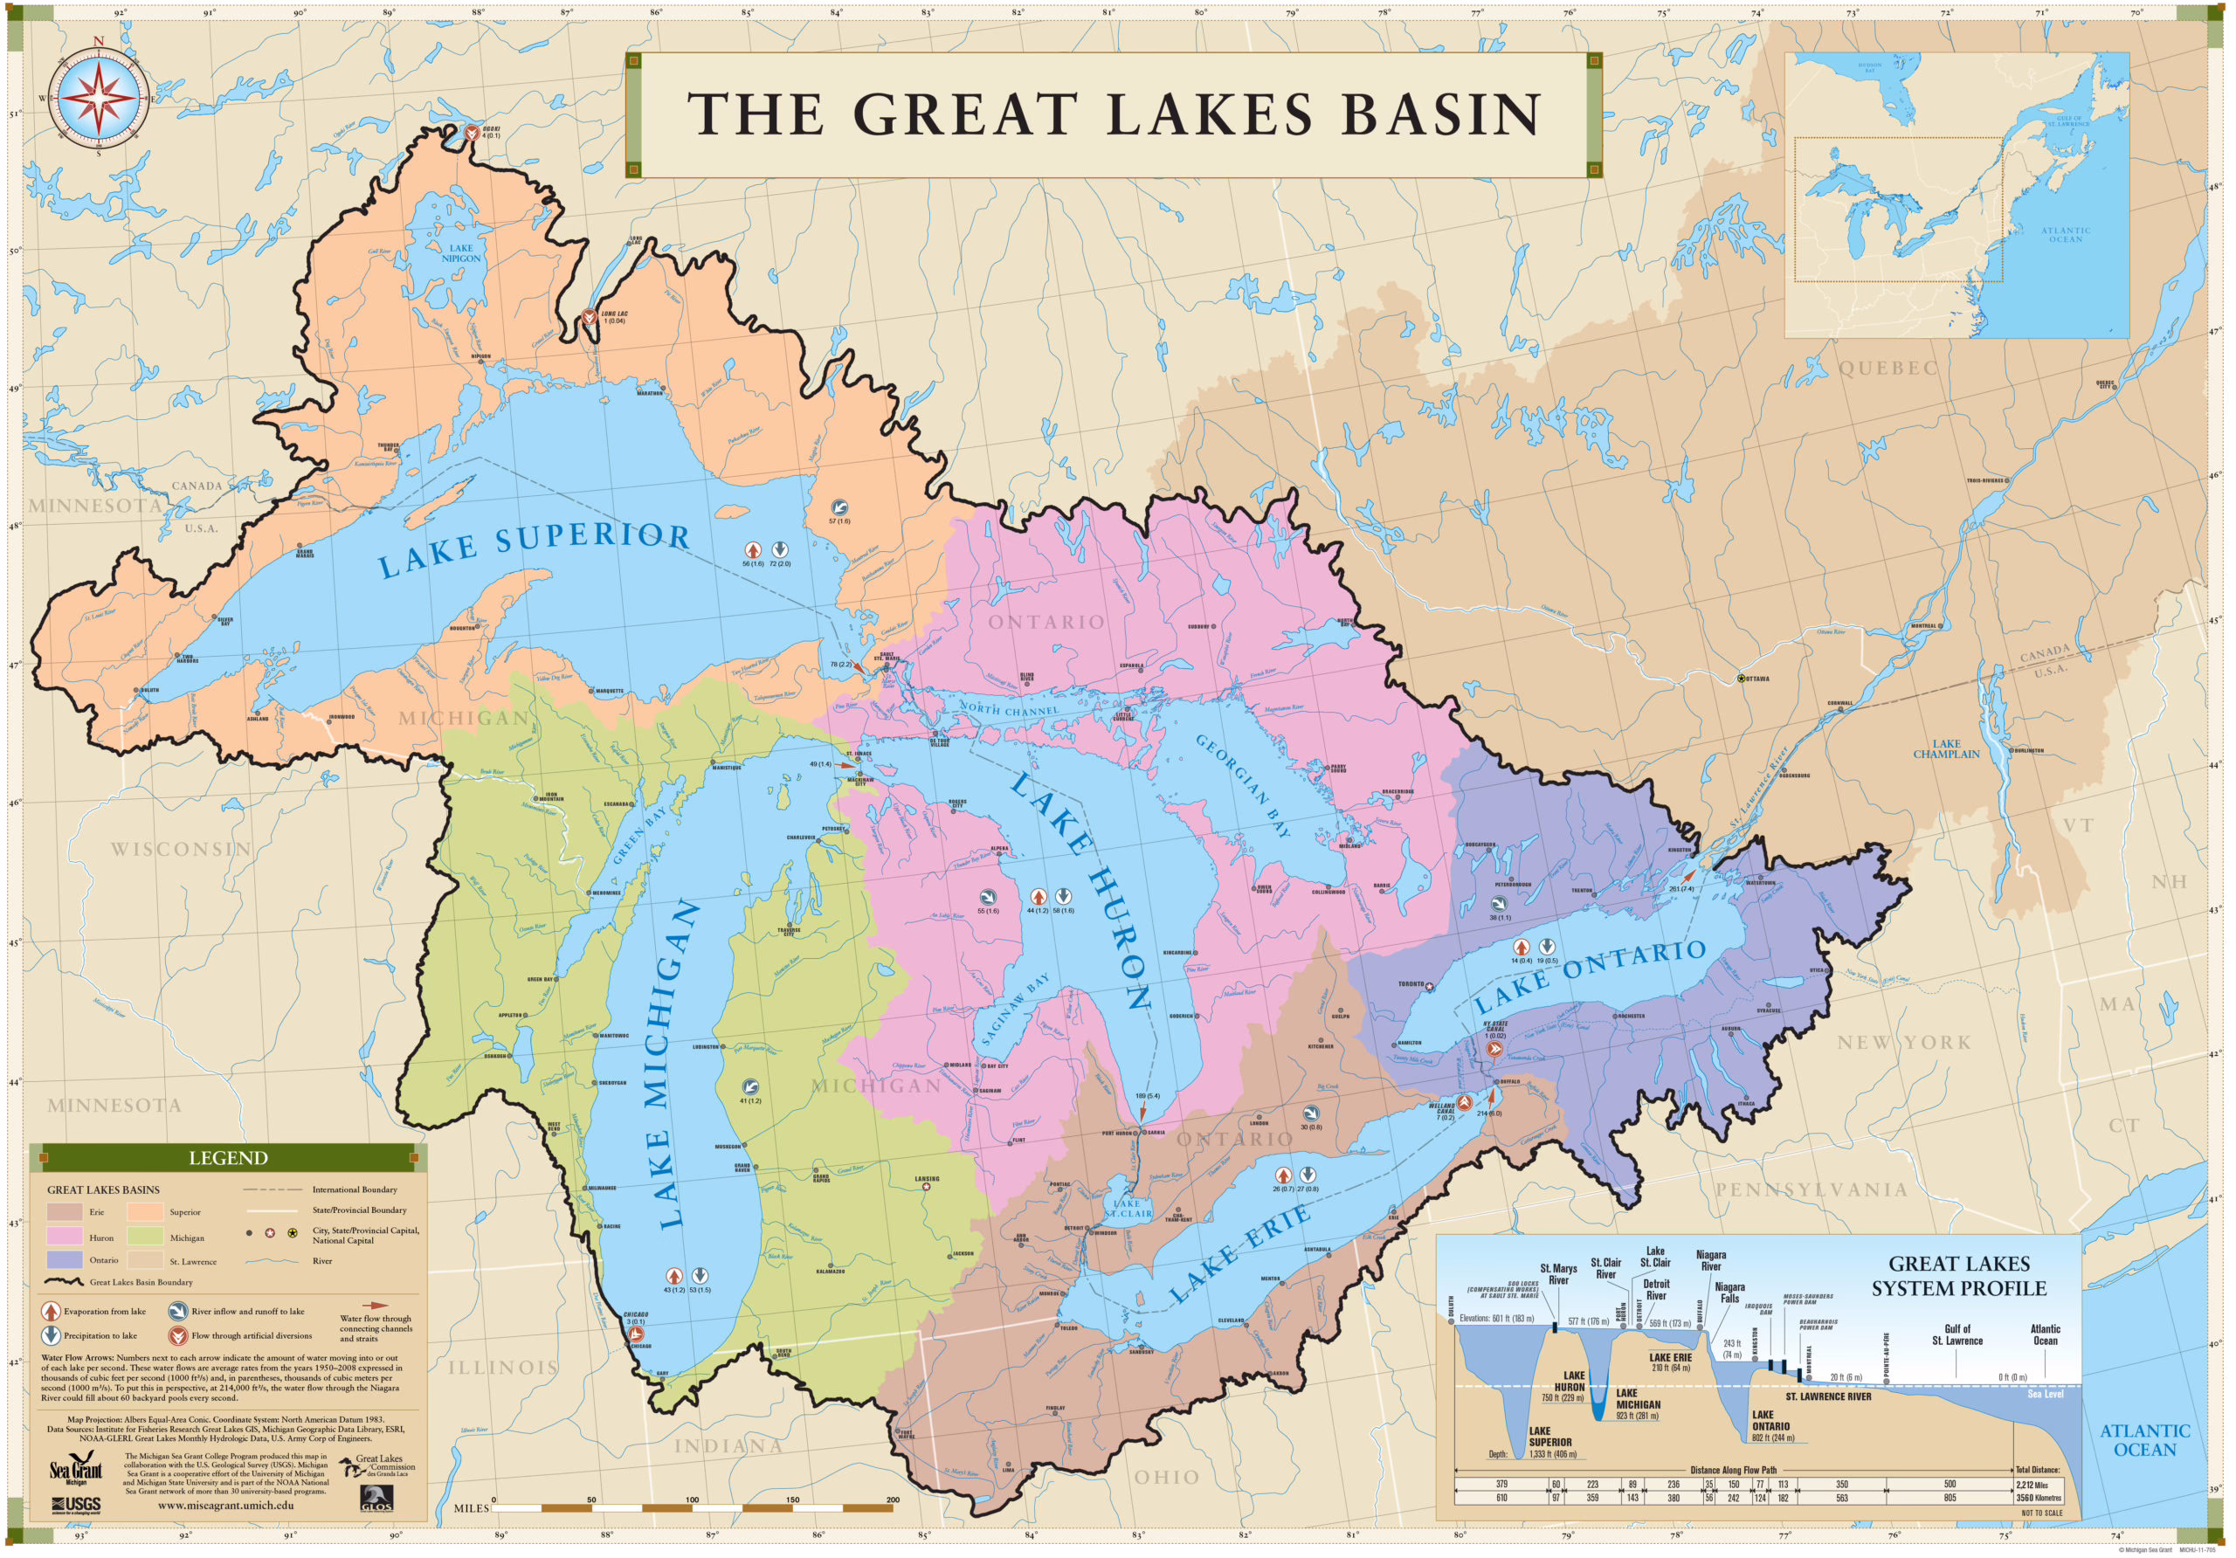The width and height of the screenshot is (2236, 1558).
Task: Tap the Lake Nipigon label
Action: click(x=460, y=253)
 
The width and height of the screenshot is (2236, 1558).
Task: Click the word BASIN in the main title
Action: click(x=1440, y=115)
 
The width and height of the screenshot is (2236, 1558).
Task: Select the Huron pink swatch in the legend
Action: click(x=65, y=1237)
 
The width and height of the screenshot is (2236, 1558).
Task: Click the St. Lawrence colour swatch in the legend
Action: click(x=145, y=1260)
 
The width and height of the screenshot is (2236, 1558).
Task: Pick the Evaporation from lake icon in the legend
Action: click(x=51, y=1312)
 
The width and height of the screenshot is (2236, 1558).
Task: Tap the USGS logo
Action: click(x=76, y=1505)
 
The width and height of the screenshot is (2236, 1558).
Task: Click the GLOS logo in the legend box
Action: click(x=376, y=1498)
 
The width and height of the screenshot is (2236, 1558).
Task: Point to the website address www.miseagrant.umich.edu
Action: click(x=226, y=1505)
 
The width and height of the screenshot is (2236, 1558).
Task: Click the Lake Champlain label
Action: click(x=1945, y=748)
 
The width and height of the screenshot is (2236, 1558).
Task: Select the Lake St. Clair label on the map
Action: click(x=1128, y=1209)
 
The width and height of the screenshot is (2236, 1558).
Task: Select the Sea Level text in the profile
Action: click(x=2045, y=1394)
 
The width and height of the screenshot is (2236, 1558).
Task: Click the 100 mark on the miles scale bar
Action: click(x=692, y=1499)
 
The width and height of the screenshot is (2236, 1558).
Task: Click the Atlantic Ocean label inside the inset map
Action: click(x=2065, y=235)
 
